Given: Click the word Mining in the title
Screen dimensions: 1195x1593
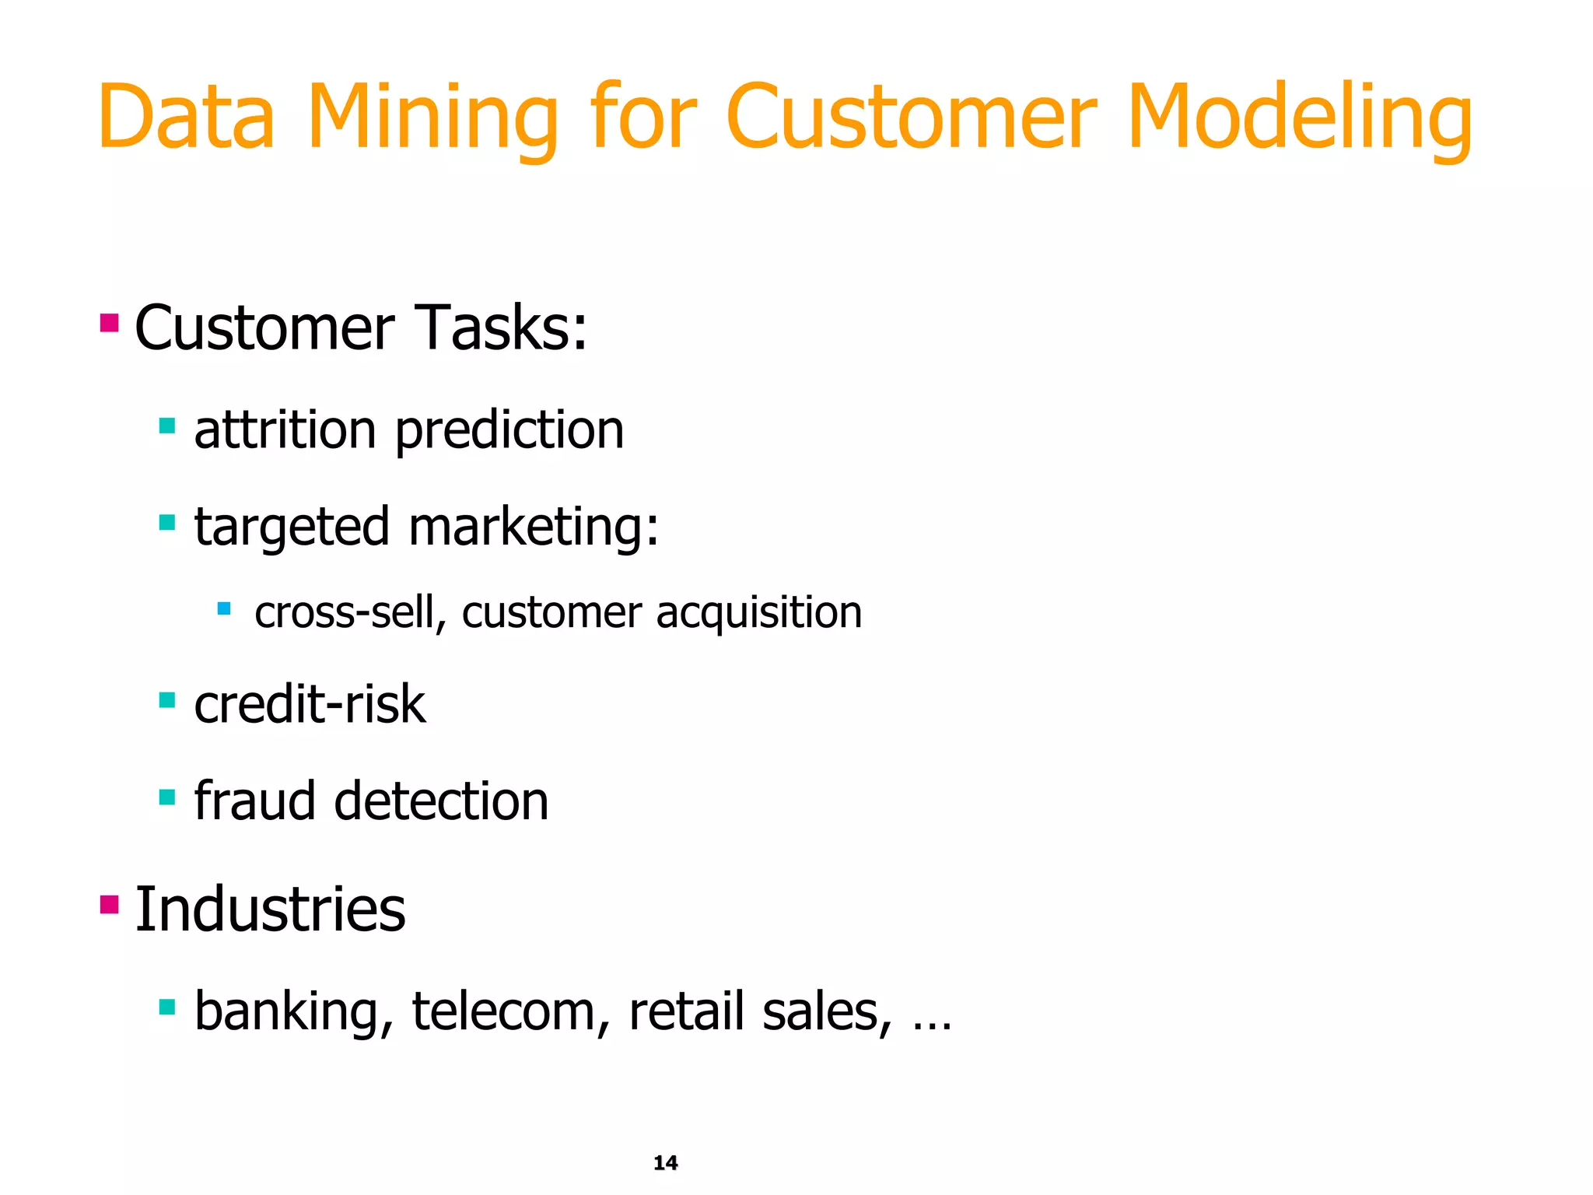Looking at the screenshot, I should tap(432, 118).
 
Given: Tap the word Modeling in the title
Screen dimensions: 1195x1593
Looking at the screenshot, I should tap(1298, 118).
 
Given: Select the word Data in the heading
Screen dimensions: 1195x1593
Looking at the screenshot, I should tap(187, 118).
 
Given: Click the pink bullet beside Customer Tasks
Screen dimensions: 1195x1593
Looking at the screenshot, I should tap(109, 322).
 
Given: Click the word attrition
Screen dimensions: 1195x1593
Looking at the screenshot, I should tap(285, 430).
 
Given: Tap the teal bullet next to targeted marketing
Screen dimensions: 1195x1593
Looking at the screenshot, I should tap(166, 522).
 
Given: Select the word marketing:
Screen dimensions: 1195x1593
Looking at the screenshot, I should tap(534, 527).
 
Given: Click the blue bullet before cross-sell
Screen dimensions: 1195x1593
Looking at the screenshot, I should tap(224, 608).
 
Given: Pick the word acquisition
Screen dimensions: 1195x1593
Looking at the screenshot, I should tap(759, 613).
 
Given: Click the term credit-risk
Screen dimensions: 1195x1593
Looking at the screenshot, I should tap(310, 705).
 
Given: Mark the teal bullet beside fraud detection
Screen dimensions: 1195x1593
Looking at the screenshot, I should tap(166, 797).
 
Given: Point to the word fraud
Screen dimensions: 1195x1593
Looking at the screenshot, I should tap(255, 801).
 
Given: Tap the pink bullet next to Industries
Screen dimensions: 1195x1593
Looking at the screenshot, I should tap(109, 904).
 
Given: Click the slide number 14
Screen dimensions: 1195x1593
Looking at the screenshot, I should tap(665, 1163).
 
